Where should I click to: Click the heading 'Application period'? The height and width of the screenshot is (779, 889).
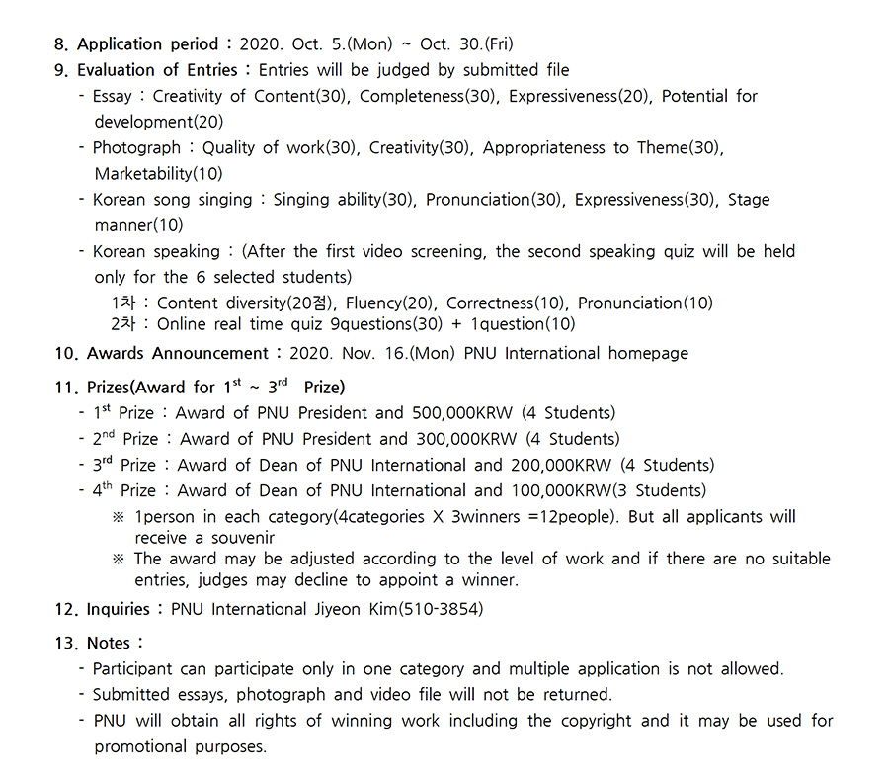pos(147,44)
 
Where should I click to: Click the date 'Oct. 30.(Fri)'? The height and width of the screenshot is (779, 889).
pos(466,44)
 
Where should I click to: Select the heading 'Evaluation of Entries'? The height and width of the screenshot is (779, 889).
pos(157,70)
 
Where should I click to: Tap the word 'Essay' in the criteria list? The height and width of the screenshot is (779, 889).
pos(113,96)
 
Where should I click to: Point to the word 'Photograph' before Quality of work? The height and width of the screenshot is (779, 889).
pos(136,148)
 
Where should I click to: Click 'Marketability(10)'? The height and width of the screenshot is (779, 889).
pos(158,174)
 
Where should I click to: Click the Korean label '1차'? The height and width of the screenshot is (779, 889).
pos(122,303)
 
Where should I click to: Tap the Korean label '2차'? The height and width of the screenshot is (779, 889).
pos(122,323)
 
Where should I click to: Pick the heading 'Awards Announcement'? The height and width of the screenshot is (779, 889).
pos(177,353)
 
